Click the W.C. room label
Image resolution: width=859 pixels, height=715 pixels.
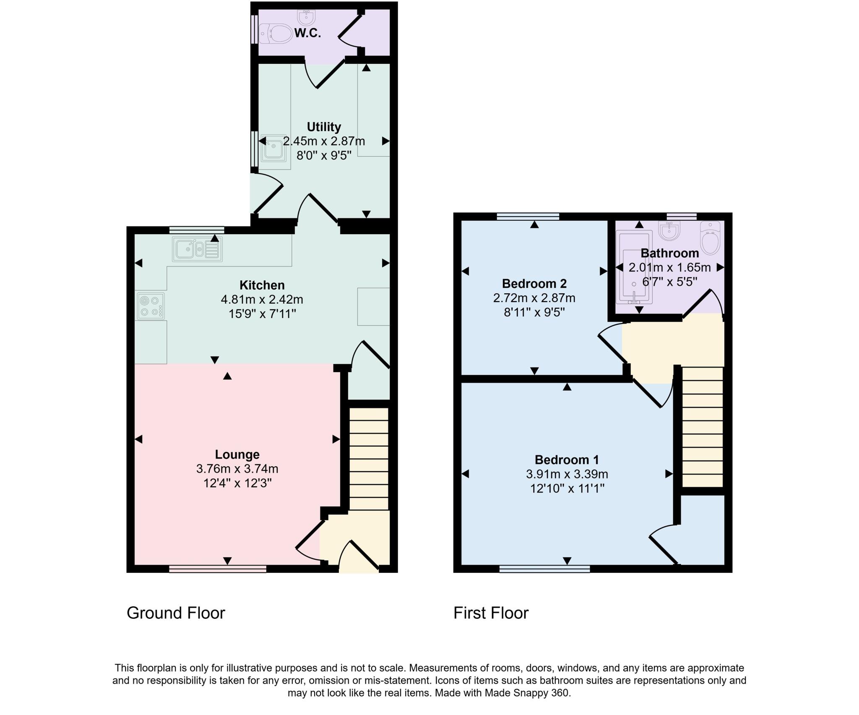pos(307,33)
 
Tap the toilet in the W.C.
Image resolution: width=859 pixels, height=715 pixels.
pos(276,34)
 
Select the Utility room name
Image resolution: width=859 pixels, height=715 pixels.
pos(323,127)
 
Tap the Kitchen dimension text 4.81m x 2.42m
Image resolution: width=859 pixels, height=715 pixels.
pos(262,300)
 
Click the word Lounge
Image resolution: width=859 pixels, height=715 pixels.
pos(237,454)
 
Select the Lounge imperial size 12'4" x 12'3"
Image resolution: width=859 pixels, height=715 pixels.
pos(237,483)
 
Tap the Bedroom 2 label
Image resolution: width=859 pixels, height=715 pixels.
pos(534,284)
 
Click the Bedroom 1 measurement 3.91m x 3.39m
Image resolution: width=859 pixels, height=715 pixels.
pos(567,474)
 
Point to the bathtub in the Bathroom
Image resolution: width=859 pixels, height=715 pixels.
pos(634,267)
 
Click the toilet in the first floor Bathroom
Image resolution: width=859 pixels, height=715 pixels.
pos(711,239)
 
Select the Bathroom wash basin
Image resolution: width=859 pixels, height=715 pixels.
pos(669,231)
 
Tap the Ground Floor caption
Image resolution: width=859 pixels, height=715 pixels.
pos(176,613)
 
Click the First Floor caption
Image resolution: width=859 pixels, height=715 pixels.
pos(491,613)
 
